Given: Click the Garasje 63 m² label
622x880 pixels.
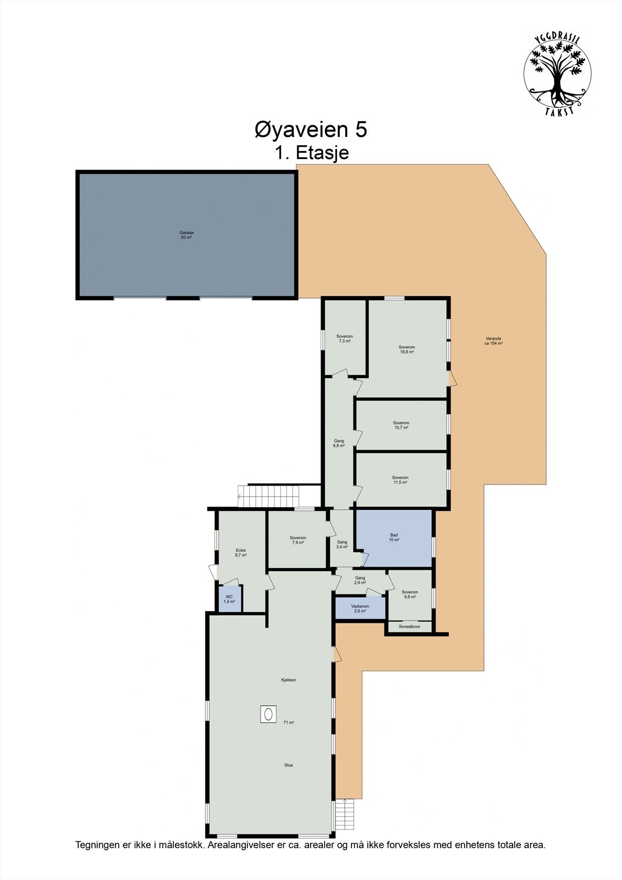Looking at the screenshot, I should click(186, 235).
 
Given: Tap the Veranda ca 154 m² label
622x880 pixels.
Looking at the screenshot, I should click(493, 340).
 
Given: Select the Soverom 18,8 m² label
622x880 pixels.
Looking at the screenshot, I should click(406, 349).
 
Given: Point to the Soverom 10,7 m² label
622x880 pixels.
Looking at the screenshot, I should click(401, 425).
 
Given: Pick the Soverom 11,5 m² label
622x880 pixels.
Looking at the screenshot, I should click(400, 480).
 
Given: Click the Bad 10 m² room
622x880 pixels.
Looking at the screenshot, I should click(394, 537).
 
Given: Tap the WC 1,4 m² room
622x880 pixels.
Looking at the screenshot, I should click(229, 599).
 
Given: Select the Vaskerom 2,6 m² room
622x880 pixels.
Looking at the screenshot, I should click(360, 608).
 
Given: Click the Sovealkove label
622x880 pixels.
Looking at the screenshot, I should click(409, 626).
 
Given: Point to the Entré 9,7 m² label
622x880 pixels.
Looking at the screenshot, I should click(240, 553).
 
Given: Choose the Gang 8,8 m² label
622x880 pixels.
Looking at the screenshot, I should click(339, 443).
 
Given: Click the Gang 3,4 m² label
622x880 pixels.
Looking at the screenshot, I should click(342, 544).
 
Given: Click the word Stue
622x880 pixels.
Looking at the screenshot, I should click(288, 765).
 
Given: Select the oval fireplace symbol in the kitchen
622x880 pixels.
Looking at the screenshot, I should click(269, 714).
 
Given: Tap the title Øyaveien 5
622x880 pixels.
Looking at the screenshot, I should click(311, 130).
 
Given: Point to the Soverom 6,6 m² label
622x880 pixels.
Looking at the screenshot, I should click(410, 595).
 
